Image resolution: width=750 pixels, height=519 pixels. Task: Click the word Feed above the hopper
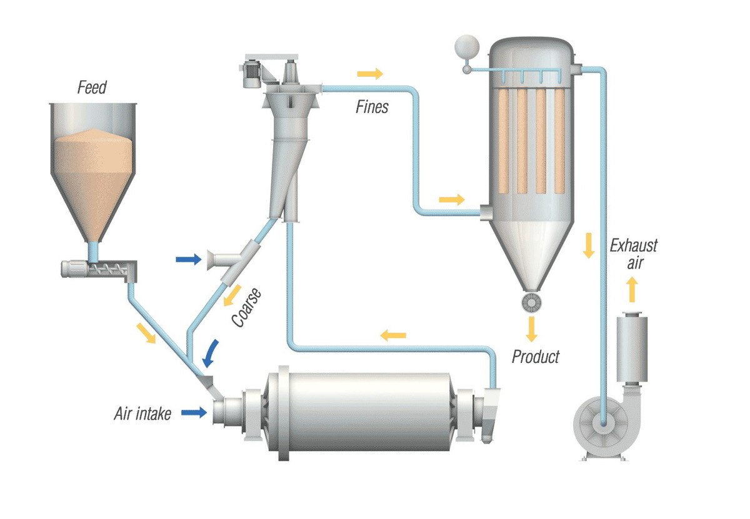92,87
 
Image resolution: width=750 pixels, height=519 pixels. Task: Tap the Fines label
372,107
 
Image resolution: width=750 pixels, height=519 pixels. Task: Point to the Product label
536,357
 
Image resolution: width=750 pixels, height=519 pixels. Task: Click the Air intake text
142,413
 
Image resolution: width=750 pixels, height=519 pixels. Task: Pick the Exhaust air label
634,254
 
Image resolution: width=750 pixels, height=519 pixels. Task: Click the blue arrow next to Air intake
194,412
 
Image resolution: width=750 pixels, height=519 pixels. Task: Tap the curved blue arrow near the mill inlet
211,353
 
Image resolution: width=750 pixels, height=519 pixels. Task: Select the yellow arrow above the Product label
532,328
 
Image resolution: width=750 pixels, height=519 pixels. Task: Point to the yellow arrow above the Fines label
370,74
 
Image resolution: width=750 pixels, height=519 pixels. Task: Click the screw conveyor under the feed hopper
100,270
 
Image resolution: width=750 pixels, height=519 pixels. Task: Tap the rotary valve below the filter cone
531,302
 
